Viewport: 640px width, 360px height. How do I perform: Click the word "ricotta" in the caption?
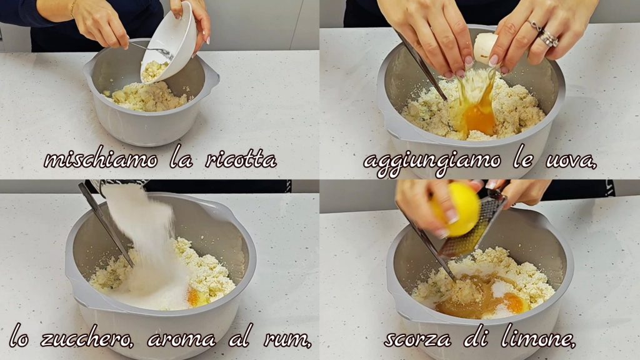point(241,159)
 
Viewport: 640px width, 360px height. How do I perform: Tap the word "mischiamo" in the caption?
point(101,159)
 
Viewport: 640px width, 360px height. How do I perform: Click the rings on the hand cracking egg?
point(545,34)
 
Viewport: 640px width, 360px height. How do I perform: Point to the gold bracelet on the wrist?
point(72,9)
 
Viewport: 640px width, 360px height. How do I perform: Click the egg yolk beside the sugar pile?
point(196,299)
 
